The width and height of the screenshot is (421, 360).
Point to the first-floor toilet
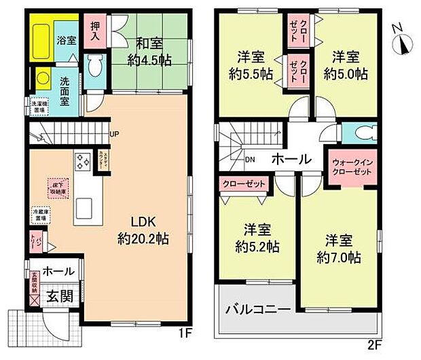(96, 67)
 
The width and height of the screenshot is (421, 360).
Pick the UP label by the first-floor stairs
(114, 134)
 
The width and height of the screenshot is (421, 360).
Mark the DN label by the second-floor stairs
(250, 161)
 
